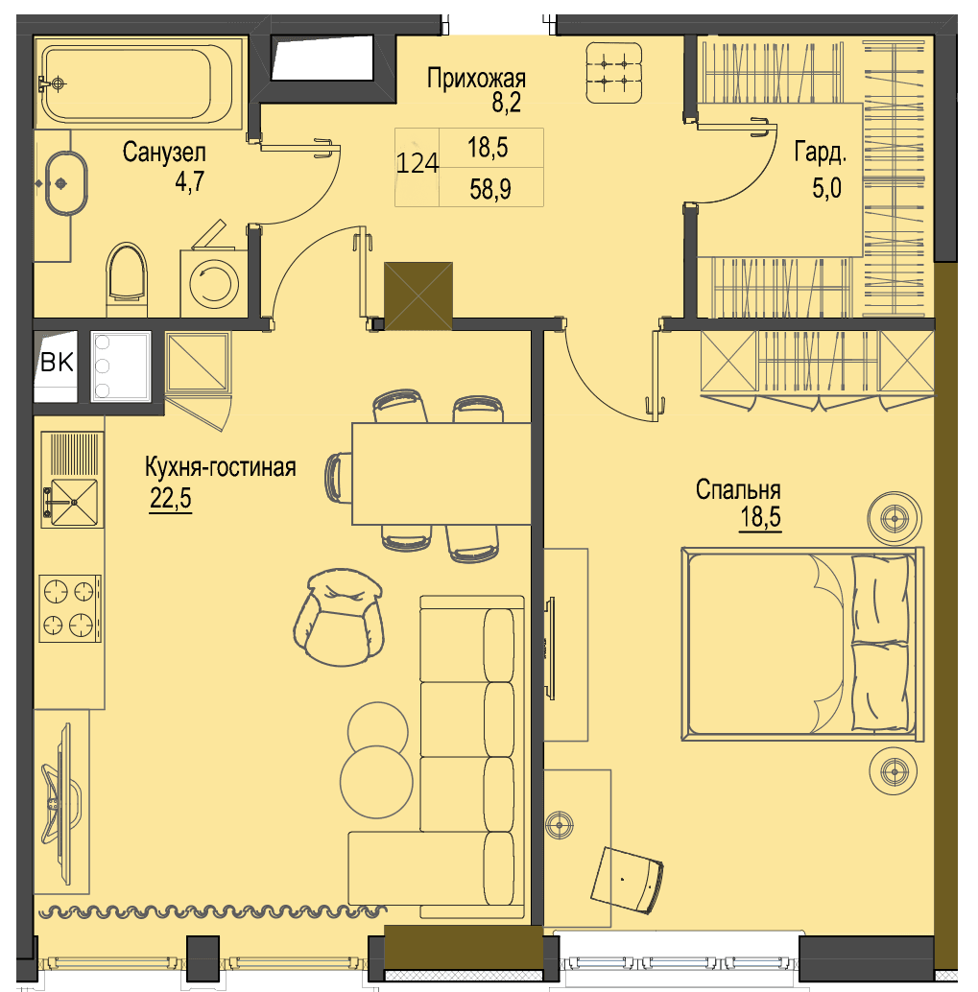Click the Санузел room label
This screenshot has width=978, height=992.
pos(164,153)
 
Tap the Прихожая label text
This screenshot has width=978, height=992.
pos(476,79)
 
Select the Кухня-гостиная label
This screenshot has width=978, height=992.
pos(221,467)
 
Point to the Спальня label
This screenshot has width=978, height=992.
pos(738,490)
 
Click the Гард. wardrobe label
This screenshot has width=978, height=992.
pos(821,154)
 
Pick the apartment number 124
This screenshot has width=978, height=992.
pos(417,163)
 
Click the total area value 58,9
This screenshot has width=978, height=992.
pos(490,189)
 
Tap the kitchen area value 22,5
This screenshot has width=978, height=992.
pos(170,499)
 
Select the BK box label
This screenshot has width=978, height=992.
pos(57,363)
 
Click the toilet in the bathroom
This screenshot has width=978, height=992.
pos(127,278)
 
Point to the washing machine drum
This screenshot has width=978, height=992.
pos(214,283)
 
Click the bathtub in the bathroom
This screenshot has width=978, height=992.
pos(136,83)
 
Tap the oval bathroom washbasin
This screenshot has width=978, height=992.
pos(65,183)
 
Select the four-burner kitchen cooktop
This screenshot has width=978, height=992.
pos(70,608)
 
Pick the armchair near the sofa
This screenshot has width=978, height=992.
pos(339,617)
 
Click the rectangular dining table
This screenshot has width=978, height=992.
pos(441,473)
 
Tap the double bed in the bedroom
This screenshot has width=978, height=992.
pos(802,644)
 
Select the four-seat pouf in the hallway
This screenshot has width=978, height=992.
pos(613,73)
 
